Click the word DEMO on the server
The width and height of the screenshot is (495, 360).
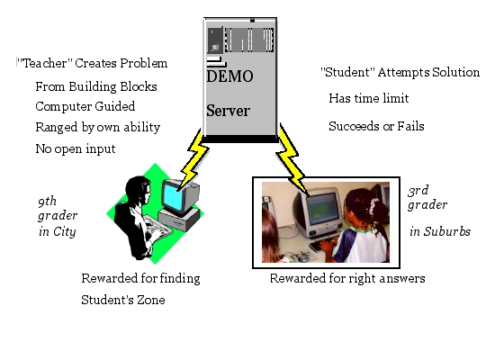tap(229, 76)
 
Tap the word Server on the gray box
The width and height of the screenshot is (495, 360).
tap(229, 111)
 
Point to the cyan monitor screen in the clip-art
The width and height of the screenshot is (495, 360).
tap(172, 197)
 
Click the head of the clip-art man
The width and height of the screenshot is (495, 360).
tap(139, 191)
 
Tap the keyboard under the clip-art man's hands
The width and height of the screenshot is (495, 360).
tap(157, 229)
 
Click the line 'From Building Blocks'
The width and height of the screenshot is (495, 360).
tap(96, 86)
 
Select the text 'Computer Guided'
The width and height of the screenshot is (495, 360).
tap(85, 106)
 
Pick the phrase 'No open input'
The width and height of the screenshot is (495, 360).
tap(76, 148)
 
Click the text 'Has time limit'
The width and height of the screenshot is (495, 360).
tap(369, 98)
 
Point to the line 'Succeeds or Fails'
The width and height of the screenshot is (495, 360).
tap(376, 126)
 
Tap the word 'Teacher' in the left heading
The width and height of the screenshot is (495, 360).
tap(45, 63)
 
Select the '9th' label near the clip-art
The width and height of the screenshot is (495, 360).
tap(48, 202)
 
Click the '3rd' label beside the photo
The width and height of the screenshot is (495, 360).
tap(418, 191)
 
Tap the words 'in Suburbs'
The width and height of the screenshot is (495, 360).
tap(440, 231)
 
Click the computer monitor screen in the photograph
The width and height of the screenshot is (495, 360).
tap(321, 209)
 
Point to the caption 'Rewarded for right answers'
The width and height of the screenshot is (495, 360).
tap(347, 278)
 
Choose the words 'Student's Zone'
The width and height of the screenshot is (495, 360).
tap(123, 300)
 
